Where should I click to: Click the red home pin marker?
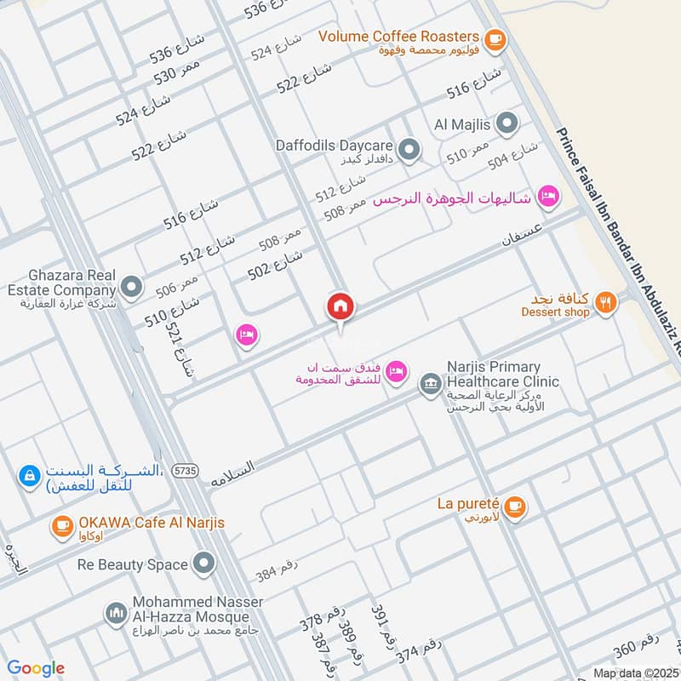point(340,307)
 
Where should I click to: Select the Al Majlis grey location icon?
point(506,124)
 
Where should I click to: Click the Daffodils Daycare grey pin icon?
point(409,151)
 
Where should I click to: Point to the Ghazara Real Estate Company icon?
point(131,287)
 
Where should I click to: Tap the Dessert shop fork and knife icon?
point(605,302)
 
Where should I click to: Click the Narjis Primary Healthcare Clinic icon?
point(431,385)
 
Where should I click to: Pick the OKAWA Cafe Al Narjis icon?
point(62,526)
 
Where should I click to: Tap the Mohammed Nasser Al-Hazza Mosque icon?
point(116,612)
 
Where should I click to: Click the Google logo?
point(36,668)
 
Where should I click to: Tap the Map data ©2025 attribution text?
point(635,672)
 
